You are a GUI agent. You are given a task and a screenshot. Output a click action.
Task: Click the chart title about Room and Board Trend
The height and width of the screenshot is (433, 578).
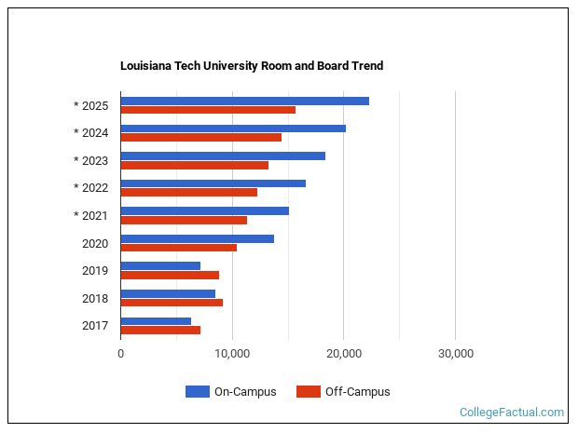(x=252, y=66)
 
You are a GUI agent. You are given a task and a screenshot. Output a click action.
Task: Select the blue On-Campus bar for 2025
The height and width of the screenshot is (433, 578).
(x=244, y=101)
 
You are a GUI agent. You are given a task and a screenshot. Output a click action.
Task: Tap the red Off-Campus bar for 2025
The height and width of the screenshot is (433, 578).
(x=208, y=110)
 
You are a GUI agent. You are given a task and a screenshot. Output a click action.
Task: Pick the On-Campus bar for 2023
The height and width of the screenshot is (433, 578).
(x=223, y=156)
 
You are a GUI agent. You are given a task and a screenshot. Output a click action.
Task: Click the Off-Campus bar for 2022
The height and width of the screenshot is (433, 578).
(x=188, y=192)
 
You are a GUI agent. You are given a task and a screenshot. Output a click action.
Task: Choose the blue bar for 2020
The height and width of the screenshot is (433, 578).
(x=197, y=238)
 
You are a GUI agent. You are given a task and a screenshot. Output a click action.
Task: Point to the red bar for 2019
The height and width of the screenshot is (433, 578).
(x=170, y=275)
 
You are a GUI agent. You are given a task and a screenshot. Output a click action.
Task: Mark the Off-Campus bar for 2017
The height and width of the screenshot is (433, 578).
(x=160, y=330)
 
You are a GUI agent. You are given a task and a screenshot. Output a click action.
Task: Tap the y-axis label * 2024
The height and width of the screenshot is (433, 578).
(x=91, y=132)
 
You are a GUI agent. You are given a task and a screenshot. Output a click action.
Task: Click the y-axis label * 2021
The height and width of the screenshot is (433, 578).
(x=91, y=216)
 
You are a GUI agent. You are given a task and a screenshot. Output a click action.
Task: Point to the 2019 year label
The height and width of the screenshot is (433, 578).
(x=95, y=271)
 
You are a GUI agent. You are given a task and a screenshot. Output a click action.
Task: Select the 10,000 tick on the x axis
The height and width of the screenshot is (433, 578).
(x=232, y=354)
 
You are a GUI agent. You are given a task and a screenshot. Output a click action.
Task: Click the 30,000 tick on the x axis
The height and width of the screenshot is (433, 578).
(x=455, y=354)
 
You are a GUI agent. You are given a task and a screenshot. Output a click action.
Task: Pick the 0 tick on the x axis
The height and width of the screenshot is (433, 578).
(x=121, y=354)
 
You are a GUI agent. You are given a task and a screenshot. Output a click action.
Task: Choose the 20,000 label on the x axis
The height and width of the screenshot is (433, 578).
(x=344, y=354)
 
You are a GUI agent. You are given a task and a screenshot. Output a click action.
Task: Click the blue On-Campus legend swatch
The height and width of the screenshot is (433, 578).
(x=198, y=392)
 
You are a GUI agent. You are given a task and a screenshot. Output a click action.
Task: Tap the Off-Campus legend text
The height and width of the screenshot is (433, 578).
(x=357, y=392)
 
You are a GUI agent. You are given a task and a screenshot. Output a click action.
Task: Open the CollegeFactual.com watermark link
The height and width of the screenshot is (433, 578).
(x=512, y=412)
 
